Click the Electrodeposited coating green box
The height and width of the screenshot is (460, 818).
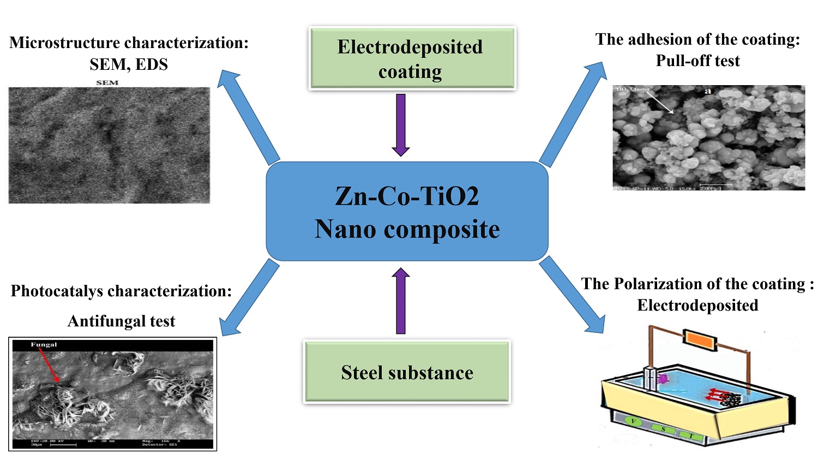[x=411, y=58]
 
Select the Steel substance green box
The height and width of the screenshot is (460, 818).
[x=407, y=372]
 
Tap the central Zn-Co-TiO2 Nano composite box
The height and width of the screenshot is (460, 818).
[x=407, y=212]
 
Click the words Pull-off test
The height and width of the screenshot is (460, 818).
[x=697, y=61]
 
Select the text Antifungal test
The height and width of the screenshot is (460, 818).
[x=121, y=321]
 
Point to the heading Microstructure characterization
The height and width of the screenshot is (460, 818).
[x=129, y=43]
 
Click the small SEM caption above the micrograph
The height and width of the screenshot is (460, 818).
[x=107, y=82]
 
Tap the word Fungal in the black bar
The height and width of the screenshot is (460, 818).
[x=44, y=345]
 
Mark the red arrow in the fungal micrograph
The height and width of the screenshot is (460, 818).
[x=50, y=366]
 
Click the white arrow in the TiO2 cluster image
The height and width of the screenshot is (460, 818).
[x=660, y=101]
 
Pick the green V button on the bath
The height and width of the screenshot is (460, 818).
[x=633, y=421]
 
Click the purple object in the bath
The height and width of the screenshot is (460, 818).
[x=663, y=378]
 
